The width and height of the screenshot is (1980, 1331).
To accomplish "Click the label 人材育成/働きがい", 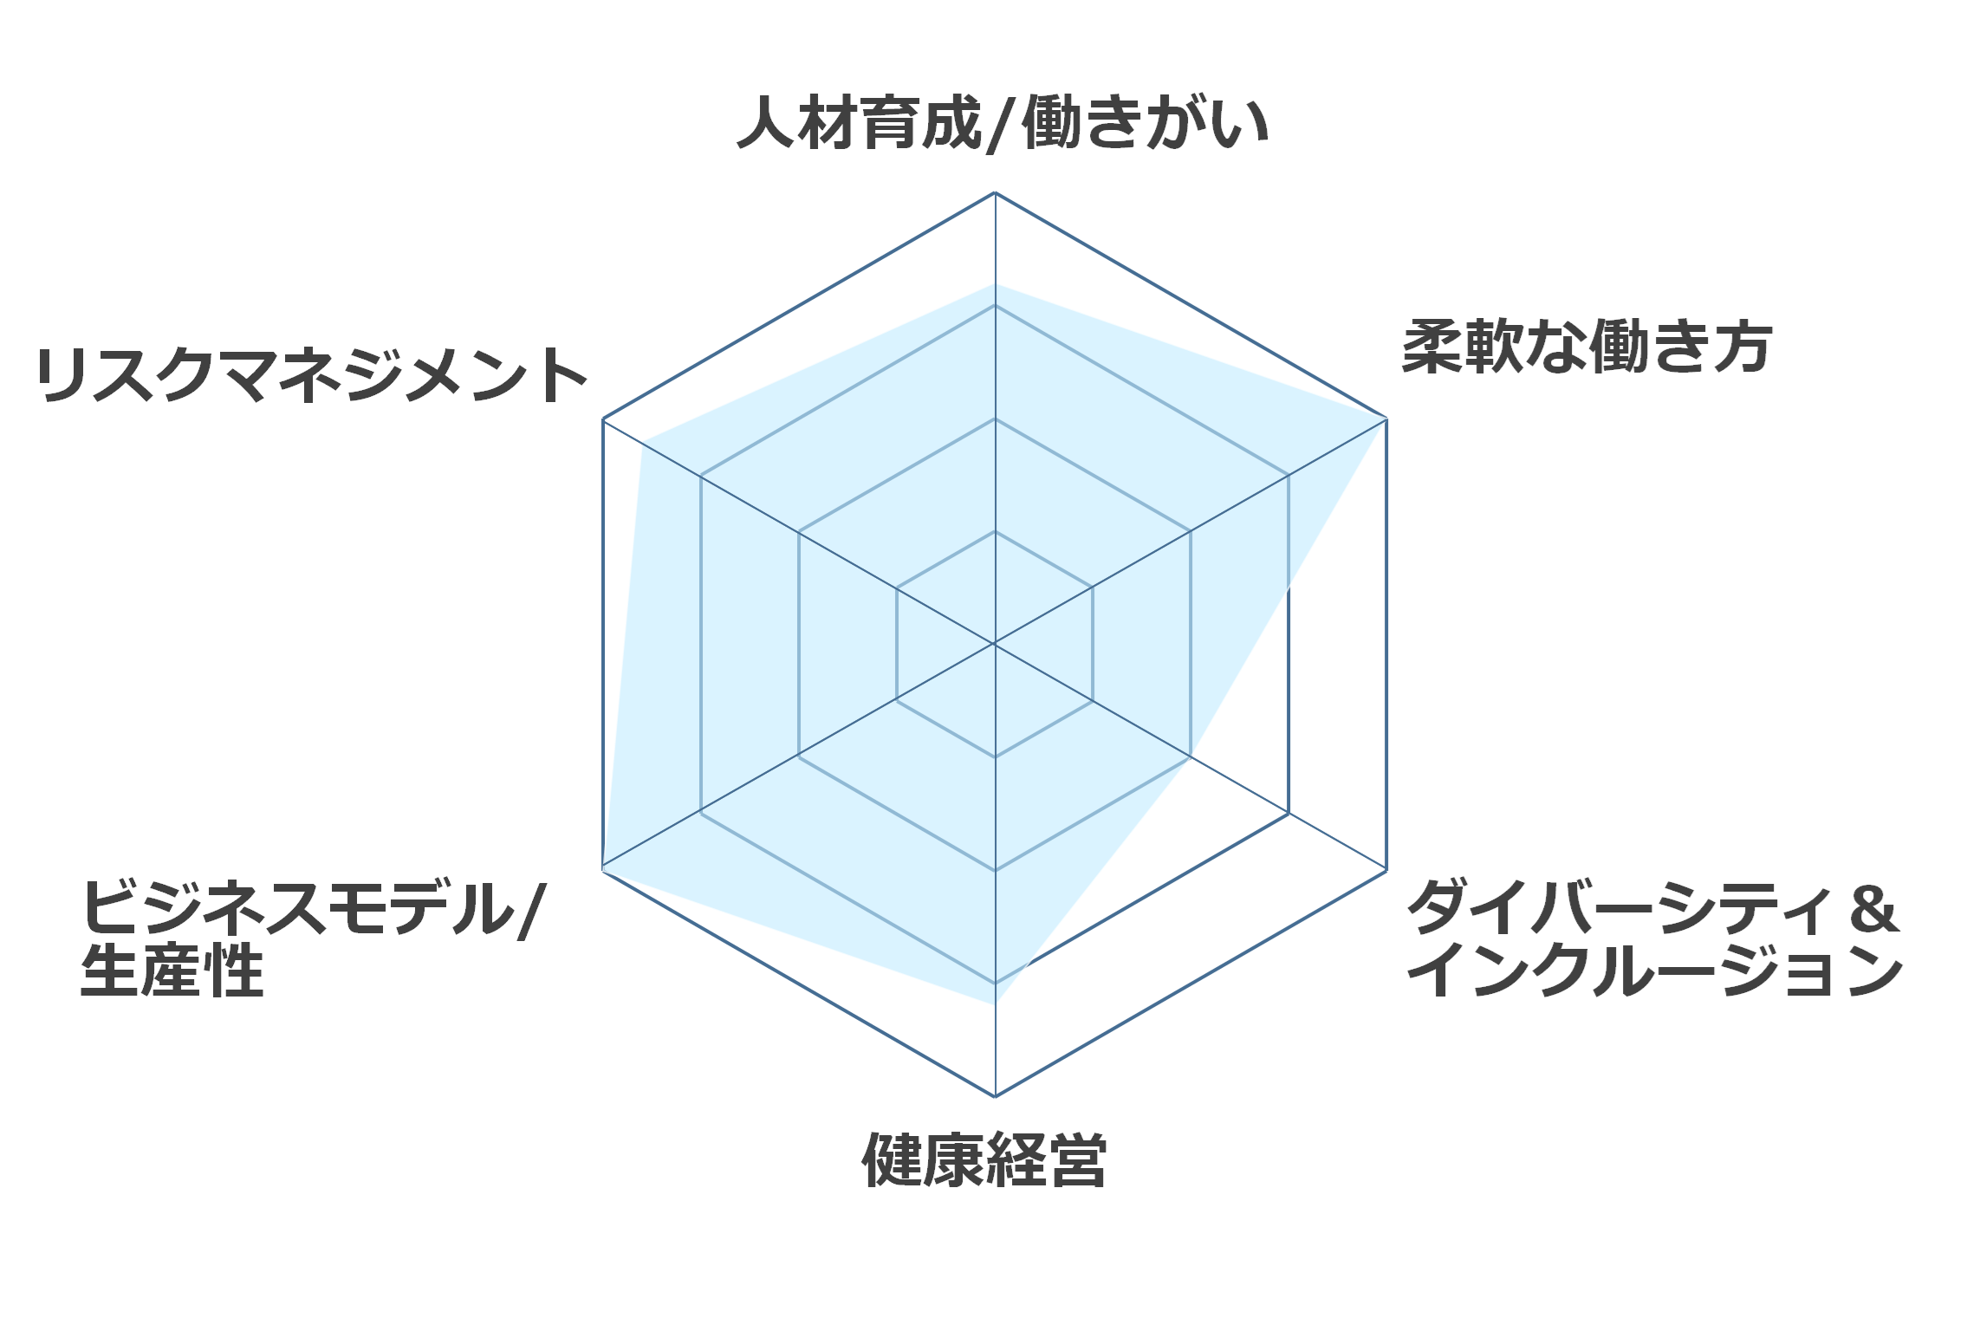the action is point(1003,124).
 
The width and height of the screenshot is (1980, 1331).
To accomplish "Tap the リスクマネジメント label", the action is point(312,375).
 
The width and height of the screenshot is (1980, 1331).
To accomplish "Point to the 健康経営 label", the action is point(984,1159).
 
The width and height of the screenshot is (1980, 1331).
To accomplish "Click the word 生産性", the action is point(172,971).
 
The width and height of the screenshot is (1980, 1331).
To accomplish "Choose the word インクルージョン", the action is point(1654,971).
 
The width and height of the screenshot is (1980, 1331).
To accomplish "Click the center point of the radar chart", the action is point(995,644).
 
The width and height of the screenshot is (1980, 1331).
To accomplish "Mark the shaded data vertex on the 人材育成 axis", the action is point(995,283).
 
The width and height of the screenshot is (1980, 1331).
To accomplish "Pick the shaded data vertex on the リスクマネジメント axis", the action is point(641,442).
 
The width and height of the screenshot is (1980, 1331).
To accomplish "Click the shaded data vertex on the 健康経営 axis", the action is point(995,1003).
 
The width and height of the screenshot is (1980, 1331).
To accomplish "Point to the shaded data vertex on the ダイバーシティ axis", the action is point(1191,756).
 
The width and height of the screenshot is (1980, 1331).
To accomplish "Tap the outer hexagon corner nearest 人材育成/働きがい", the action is point(995,192).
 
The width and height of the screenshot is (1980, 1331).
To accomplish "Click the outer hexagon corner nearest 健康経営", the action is point(995,1096).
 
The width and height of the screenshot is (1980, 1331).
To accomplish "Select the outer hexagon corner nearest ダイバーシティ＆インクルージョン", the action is point(1386,870).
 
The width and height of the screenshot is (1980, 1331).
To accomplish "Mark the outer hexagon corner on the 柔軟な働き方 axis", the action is point(1386,419).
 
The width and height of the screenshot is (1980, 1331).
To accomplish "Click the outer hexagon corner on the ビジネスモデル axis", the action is point(603,870).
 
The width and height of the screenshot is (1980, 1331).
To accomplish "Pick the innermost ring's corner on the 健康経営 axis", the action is point(995,757).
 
